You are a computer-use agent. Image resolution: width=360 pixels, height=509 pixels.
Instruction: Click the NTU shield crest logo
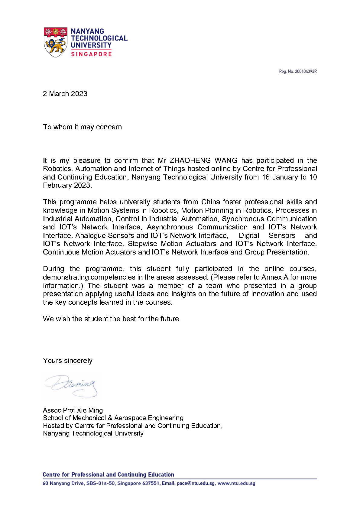point(56,42)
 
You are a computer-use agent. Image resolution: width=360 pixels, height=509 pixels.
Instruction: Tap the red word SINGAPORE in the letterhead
point(91,54)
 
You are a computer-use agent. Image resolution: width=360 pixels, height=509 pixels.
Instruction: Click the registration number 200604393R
point(306,72)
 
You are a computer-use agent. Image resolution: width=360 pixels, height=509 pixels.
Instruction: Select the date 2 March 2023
point(65,94)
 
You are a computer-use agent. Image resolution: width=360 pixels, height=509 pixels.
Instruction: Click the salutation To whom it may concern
point(82,127)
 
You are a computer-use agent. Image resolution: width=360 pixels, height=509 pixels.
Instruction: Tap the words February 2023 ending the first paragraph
point(67,185)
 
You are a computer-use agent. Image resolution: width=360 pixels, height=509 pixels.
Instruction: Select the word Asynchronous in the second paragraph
point(170,227)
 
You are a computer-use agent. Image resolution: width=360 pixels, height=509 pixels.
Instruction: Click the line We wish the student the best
point(112,319)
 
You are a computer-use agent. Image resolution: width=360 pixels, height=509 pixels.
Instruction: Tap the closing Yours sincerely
point(68,361)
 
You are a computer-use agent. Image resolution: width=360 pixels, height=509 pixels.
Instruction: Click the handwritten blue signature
point(72,385)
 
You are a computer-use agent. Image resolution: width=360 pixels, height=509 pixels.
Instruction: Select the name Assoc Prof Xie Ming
point(73,410)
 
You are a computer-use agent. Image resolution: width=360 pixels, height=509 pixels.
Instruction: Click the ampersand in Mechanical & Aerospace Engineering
point(110,418)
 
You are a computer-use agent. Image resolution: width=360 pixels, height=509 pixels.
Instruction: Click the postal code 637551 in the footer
point(151,483)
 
